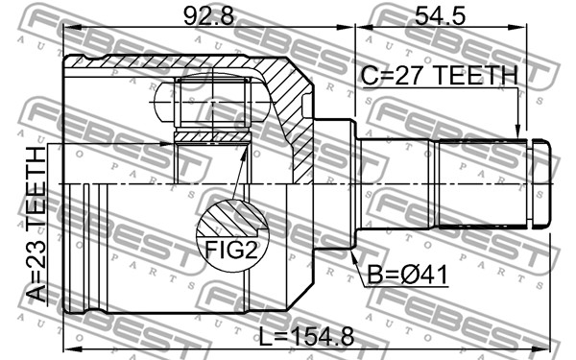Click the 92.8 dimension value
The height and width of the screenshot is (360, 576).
[x=208, y=15]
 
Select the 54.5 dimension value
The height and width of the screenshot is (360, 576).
[x=440, y=15]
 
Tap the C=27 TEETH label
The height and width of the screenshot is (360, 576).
[x=440, y=75]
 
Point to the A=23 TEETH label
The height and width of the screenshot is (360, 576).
[x=36, y=224]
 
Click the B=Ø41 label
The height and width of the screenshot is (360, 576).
[x=407, y=275]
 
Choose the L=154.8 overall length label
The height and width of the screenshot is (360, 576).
[x=307, y=337]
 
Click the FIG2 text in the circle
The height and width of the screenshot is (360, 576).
[x=231, y=250]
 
